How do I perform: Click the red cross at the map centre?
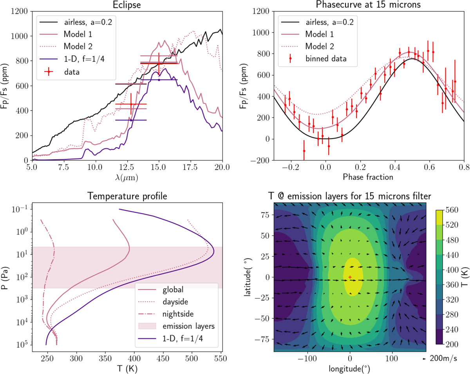coord(350,277)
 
